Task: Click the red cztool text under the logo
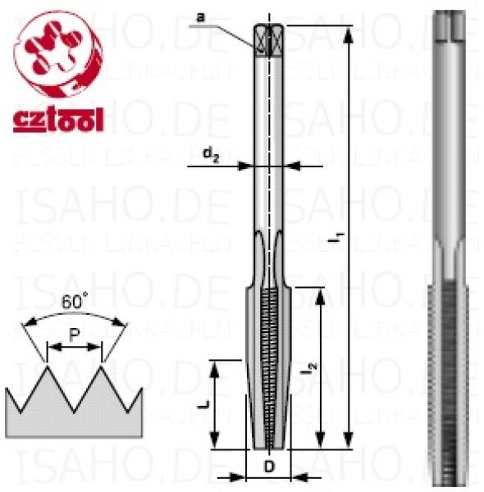pos(57,121)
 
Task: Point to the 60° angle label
pos(75,300)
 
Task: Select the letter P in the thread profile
pos(75,337)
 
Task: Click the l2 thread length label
pos(304,369)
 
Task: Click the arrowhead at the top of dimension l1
pos(351,30)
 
